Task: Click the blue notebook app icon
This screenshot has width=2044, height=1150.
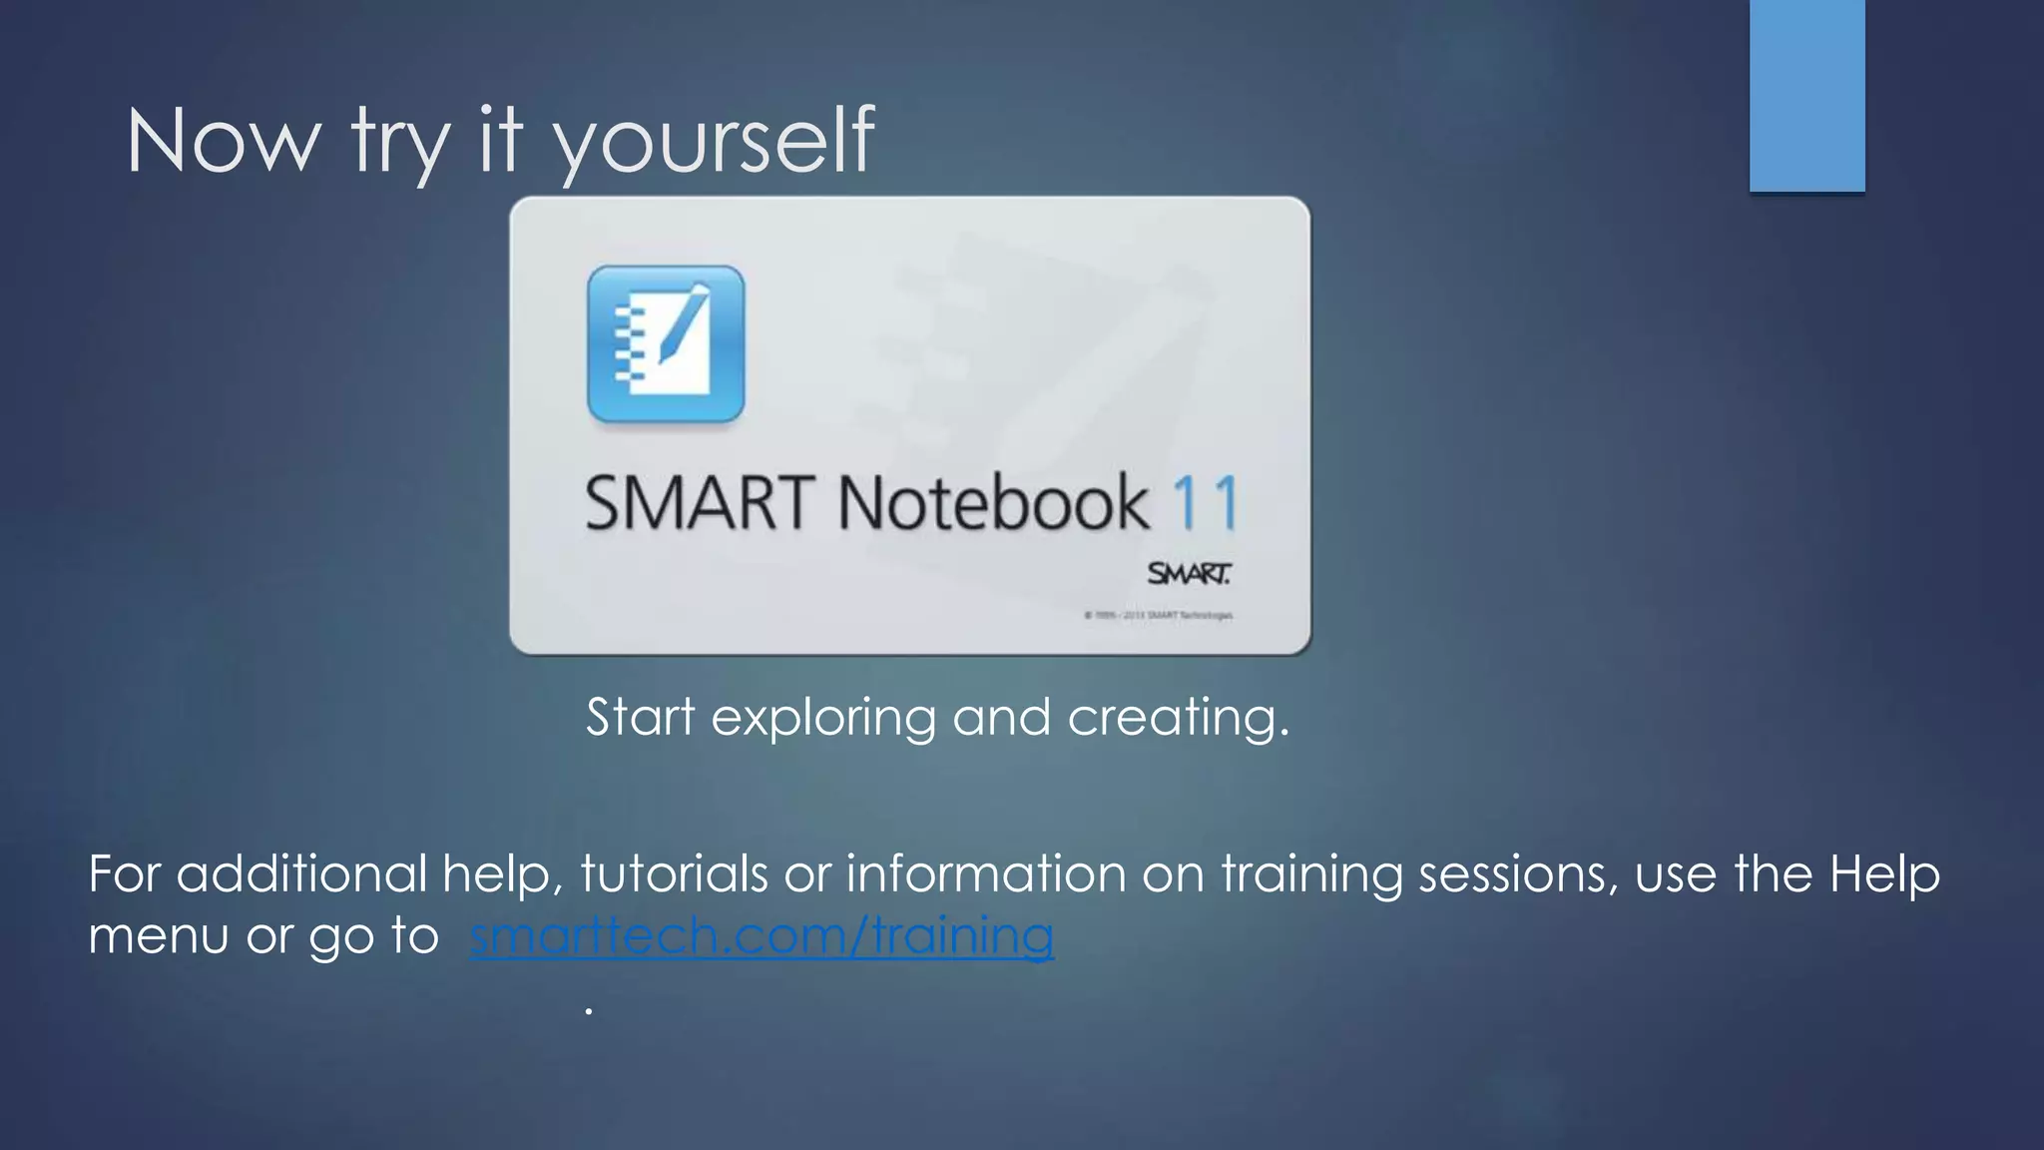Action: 666,344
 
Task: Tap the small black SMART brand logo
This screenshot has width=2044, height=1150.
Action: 1189,574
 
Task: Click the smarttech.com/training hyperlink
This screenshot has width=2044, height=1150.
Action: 762,936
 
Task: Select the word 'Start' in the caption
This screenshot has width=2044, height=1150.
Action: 640,717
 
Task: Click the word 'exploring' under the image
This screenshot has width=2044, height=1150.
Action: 823,719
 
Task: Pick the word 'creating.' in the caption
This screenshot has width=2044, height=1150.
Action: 1178,719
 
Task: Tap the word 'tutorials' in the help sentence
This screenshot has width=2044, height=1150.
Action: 674,874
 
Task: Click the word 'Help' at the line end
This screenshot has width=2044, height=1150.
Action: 1884,874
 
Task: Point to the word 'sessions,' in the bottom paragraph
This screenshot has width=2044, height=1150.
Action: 1518,874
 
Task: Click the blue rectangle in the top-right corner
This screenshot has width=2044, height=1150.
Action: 1806,95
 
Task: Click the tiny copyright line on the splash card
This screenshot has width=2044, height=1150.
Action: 1159,616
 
